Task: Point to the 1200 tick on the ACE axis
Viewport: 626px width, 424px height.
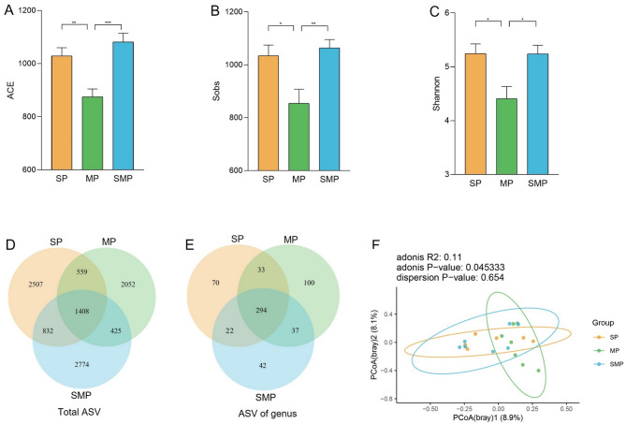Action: tap(31, 11)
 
